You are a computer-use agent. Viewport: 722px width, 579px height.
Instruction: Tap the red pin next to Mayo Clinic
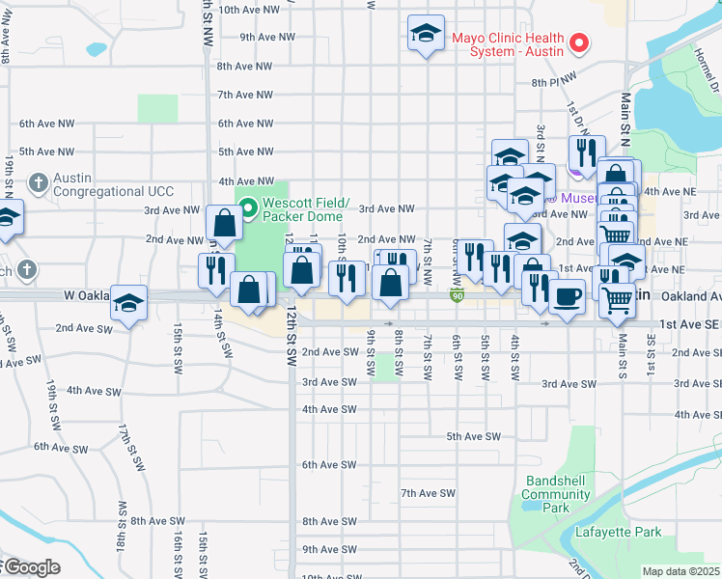(x=579, y=42)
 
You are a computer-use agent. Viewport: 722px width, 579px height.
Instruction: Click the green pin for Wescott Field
(x=248, y=206)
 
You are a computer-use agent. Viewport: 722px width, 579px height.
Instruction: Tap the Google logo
(x=31, y=567)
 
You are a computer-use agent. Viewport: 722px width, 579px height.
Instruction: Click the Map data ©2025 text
(x=680, y=571)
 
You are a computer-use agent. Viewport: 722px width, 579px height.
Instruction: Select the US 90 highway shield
(x=458, y=294)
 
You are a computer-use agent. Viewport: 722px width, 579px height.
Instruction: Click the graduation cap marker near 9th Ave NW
(x=426, y=34)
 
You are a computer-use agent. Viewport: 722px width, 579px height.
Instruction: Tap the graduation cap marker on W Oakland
(x=128, y=302)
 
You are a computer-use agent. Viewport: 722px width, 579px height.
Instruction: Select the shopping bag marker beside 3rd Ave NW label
(x=224, y=222)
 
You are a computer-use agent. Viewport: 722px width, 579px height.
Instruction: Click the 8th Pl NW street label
(x=553, y=83)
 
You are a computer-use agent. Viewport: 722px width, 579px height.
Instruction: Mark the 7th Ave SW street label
(x=428, y=493)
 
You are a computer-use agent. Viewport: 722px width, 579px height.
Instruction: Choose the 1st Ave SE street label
(x=686, y=326)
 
